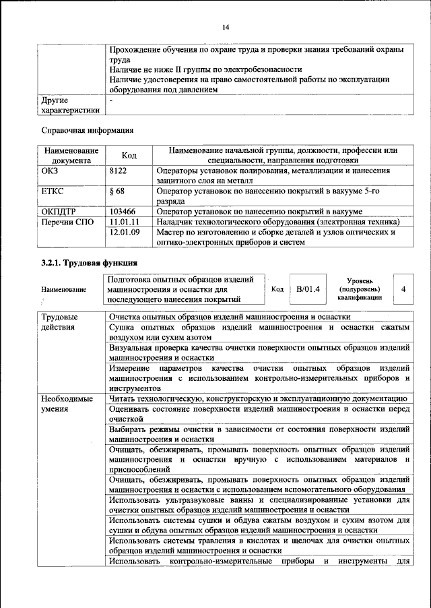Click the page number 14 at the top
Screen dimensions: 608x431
tap(226, 26)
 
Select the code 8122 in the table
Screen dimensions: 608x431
tap(119, 171)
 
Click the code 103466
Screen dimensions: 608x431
tap(123, 212)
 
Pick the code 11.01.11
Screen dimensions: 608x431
tap(124, 222)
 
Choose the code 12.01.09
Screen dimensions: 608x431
tap(124, 233)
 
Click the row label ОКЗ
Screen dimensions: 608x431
tap(51, 171)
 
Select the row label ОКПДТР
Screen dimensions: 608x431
tap(57, 212)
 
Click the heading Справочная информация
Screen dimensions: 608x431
tap(83, 129)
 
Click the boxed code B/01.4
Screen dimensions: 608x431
tap(307, 289)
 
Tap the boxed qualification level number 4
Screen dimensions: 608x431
tap(403, 289)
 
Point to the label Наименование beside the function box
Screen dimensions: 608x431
tap(63, 290)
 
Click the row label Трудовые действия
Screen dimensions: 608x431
tap(59, 322)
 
